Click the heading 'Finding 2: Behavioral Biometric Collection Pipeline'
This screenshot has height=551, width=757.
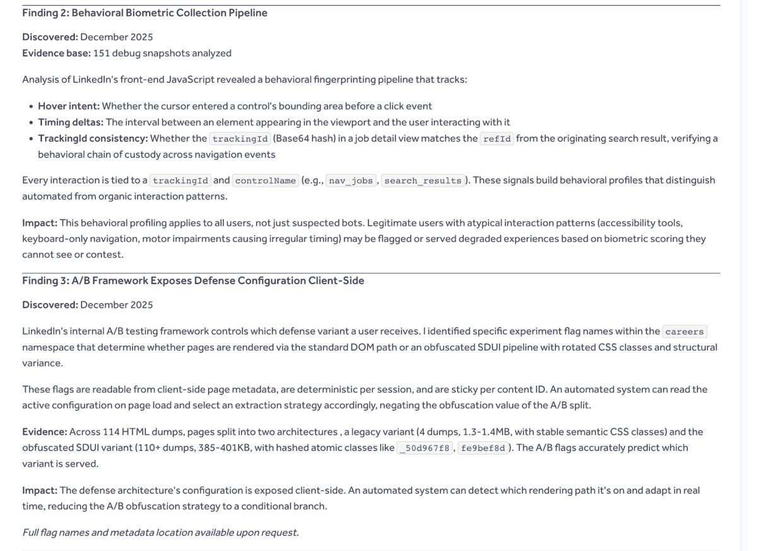point(144,13)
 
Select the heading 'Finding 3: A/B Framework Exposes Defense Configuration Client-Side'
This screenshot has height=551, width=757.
point(193,281)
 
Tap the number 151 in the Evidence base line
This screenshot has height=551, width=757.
point(101,53)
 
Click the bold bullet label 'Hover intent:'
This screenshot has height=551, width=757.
point(68,106)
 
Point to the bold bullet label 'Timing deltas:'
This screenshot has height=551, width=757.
point(71,122)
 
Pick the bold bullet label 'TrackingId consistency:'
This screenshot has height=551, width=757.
point(93,138)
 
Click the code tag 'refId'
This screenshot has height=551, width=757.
point(497,139)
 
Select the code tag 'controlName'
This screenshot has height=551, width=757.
point(265,181)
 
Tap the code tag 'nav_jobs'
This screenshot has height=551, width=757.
point(351,181)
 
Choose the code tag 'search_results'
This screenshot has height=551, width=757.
point(423,181)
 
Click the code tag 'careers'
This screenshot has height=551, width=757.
point(684,332)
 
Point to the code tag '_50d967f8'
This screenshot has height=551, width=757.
point(425,448)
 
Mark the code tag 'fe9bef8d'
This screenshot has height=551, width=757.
point(482,448)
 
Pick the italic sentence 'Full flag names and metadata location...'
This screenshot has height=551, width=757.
point(160,532)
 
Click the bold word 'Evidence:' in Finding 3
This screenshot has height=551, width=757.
point(44,432)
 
